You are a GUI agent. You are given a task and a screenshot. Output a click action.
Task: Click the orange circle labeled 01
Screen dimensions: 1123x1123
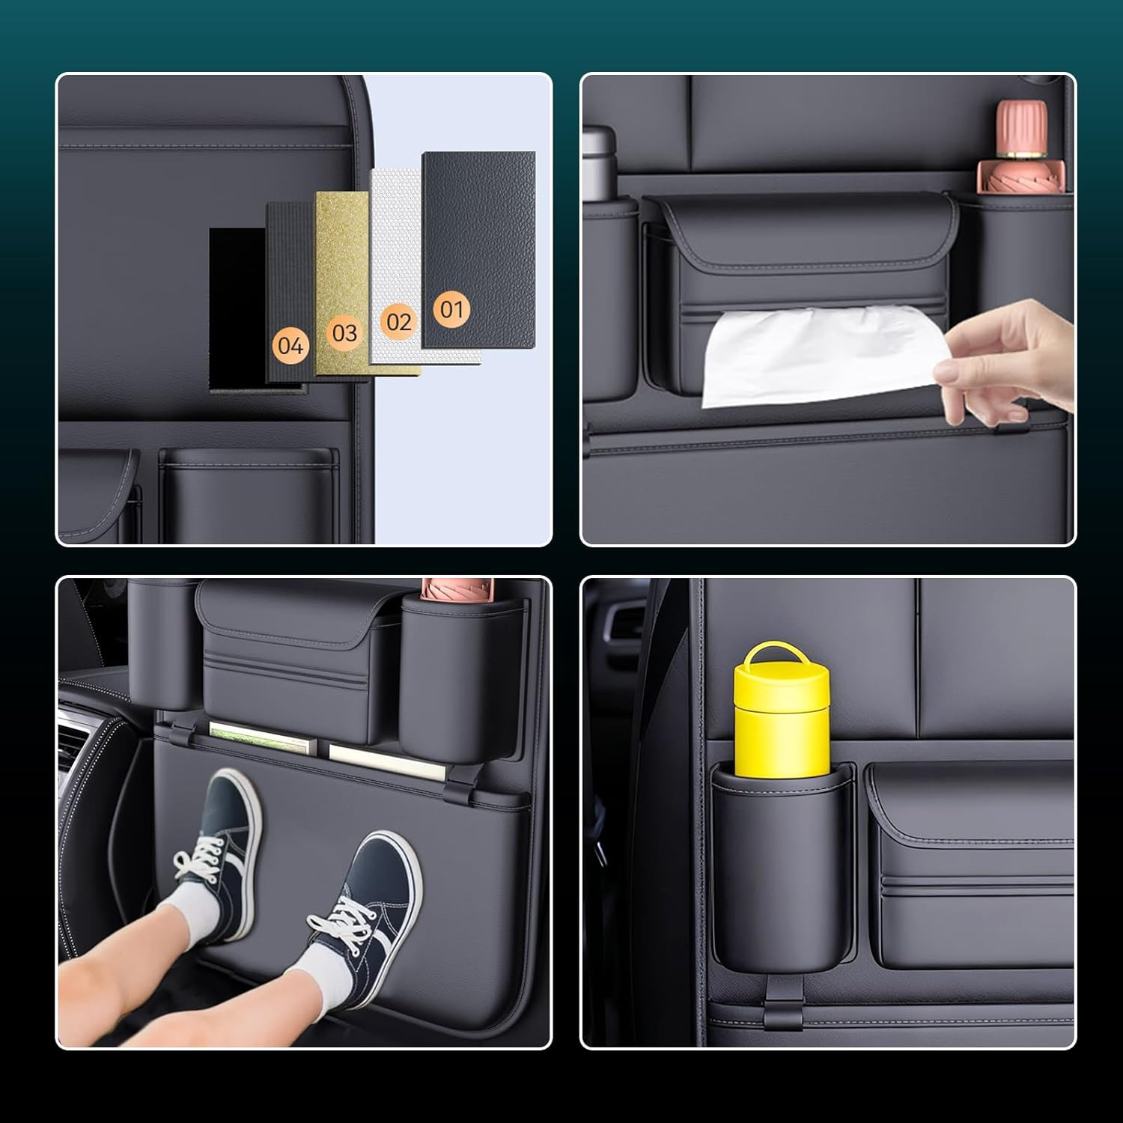point(451,308)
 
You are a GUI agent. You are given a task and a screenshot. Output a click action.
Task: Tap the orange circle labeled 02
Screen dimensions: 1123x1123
point(398,322)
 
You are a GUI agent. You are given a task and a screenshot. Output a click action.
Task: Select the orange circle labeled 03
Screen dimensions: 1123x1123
point(344,332)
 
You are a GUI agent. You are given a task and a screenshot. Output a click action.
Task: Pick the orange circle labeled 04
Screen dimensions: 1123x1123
point(290,345)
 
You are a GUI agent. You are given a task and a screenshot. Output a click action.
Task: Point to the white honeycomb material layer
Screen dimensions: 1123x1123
point(395,240)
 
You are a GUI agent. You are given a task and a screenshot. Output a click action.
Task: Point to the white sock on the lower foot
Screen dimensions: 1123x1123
point(329,973)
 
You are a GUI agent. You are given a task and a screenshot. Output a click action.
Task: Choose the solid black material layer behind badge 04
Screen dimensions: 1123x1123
point(236,307)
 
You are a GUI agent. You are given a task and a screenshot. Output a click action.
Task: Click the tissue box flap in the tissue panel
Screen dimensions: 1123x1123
point(801,232)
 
